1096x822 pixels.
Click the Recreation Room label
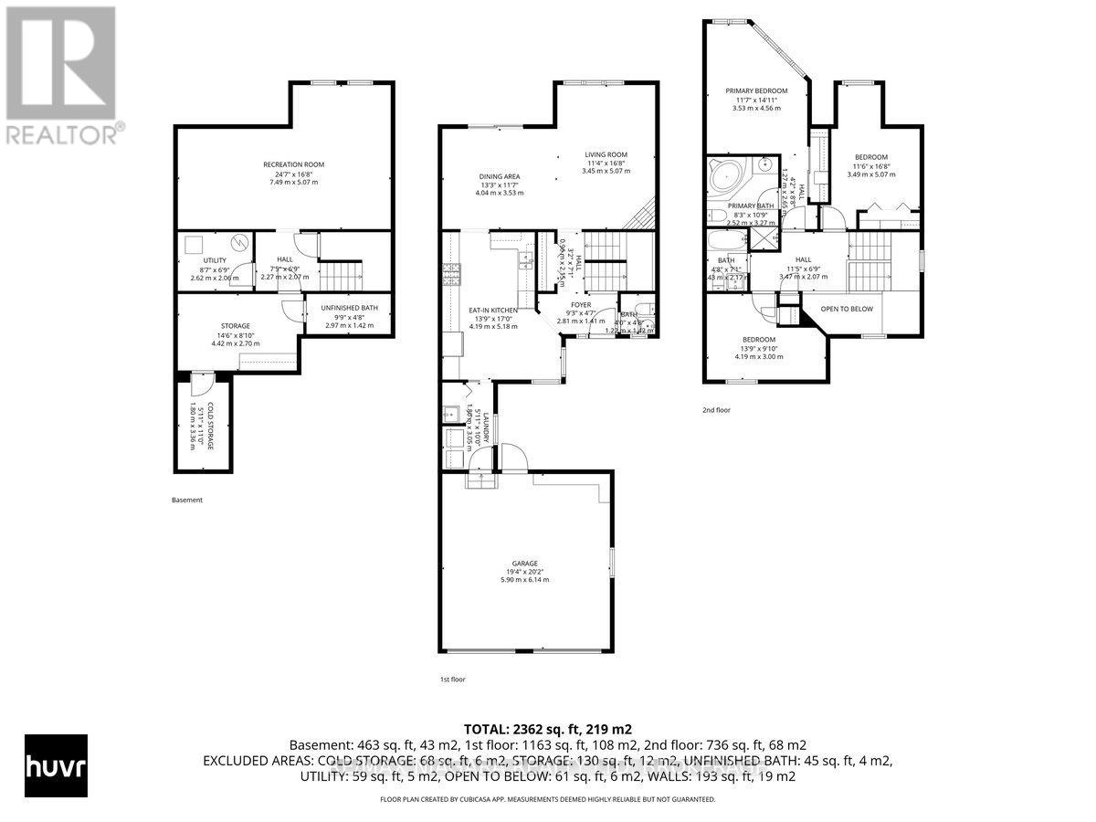point(293,164)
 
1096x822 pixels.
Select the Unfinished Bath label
point(342,308)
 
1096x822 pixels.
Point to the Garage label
point(524,564)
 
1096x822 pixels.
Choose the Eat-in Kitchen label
point(493,311)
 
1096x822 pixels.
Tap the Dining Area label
point(500,176)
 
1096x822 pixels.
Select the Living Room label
point(606,154)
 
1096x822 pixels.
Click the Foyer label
point(581,306)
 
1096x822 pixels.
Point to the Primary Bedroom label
point(757,91)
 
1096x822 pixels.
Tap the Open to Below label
point(847,309)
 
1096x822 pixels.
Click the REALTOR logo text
point(63,134)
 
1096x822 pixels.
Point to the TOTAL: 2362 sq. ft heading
point(547,729)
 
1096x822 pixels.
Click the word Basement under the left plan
point(186,500)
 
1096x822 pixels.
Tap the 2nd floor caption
point(716,410)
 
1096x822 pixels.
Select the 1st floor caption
point(453,680)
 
